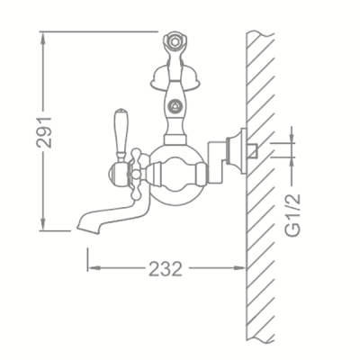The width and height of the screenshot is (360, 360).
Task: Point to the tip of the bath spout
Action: coord(82,222)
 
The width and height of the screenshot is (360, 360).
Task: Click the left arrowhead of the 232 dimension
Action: coord(91,268)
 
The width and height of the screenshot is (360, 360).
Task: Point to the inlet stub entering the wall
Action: coord(255,149)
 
